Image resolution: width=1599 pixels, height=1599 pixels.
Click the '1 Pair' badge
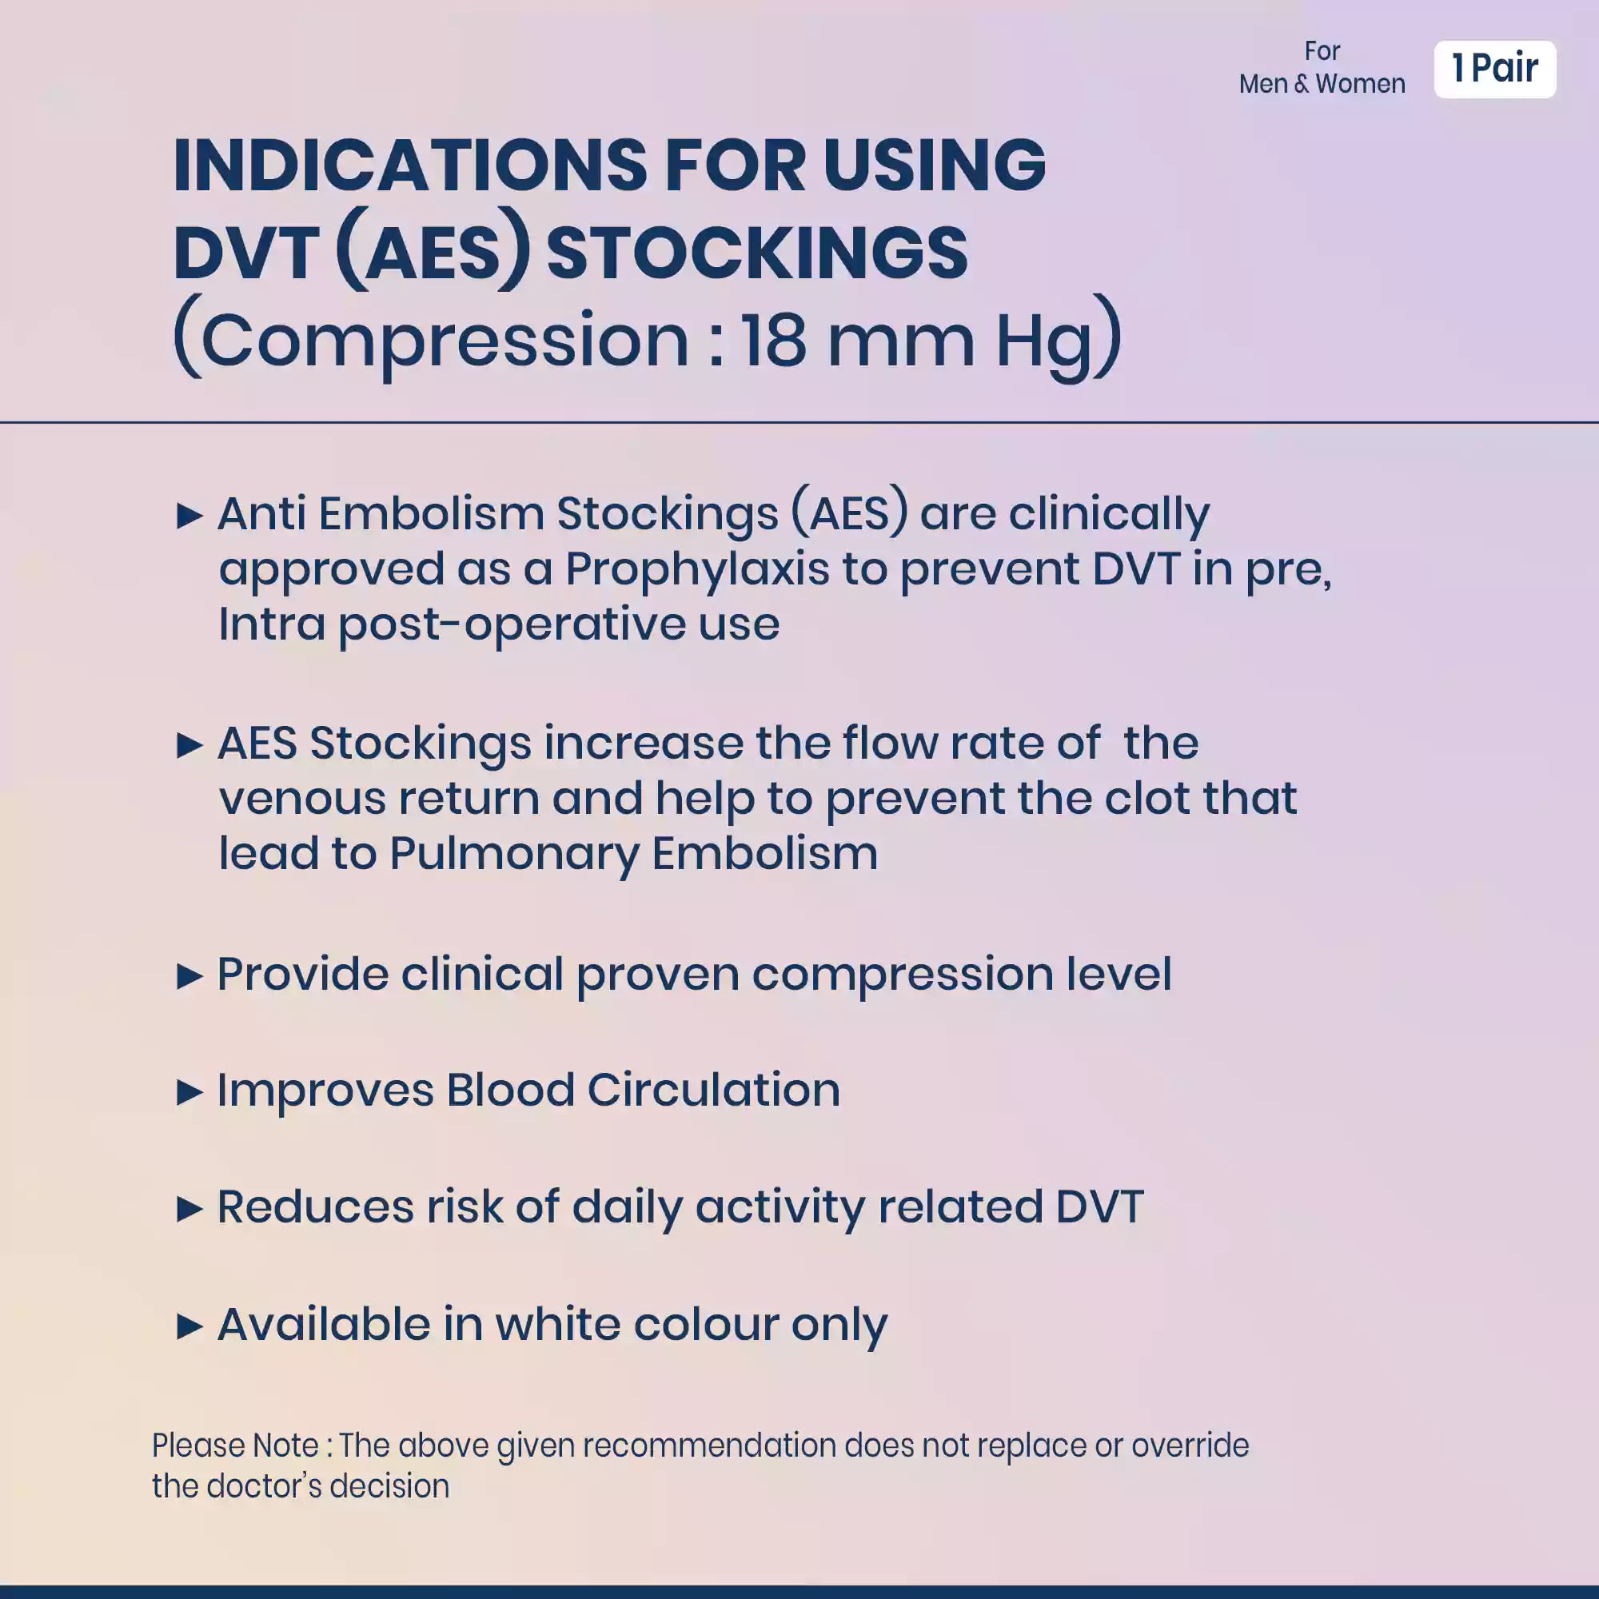pos(1495,69)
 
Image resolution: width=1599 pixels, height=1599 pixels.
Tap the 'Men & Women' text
pos(1322,84)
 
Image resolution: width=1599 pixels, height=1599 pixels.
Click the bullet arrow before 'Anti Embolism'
pos(190,516)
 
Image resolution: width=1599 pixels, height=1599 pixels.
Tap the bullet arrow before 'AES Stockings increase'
pos(190,745)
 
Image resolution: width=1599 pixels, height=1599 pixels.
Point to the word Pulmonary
pos(514,855)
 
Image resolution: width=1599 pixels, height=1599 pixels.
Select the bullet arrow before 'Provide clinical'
pos(190,975)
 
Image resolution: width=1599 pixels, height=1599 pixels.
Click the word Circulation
pos(713,1089)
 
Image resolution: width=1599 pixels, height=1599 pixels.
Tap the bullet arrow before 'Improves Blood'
pos(190,1092)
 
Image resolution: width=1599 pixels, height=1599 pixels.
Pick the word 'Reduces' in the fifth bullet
pos(315,1206)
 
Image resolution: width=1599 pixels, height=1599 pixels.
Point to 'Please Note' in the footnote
pos(235,1445)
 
